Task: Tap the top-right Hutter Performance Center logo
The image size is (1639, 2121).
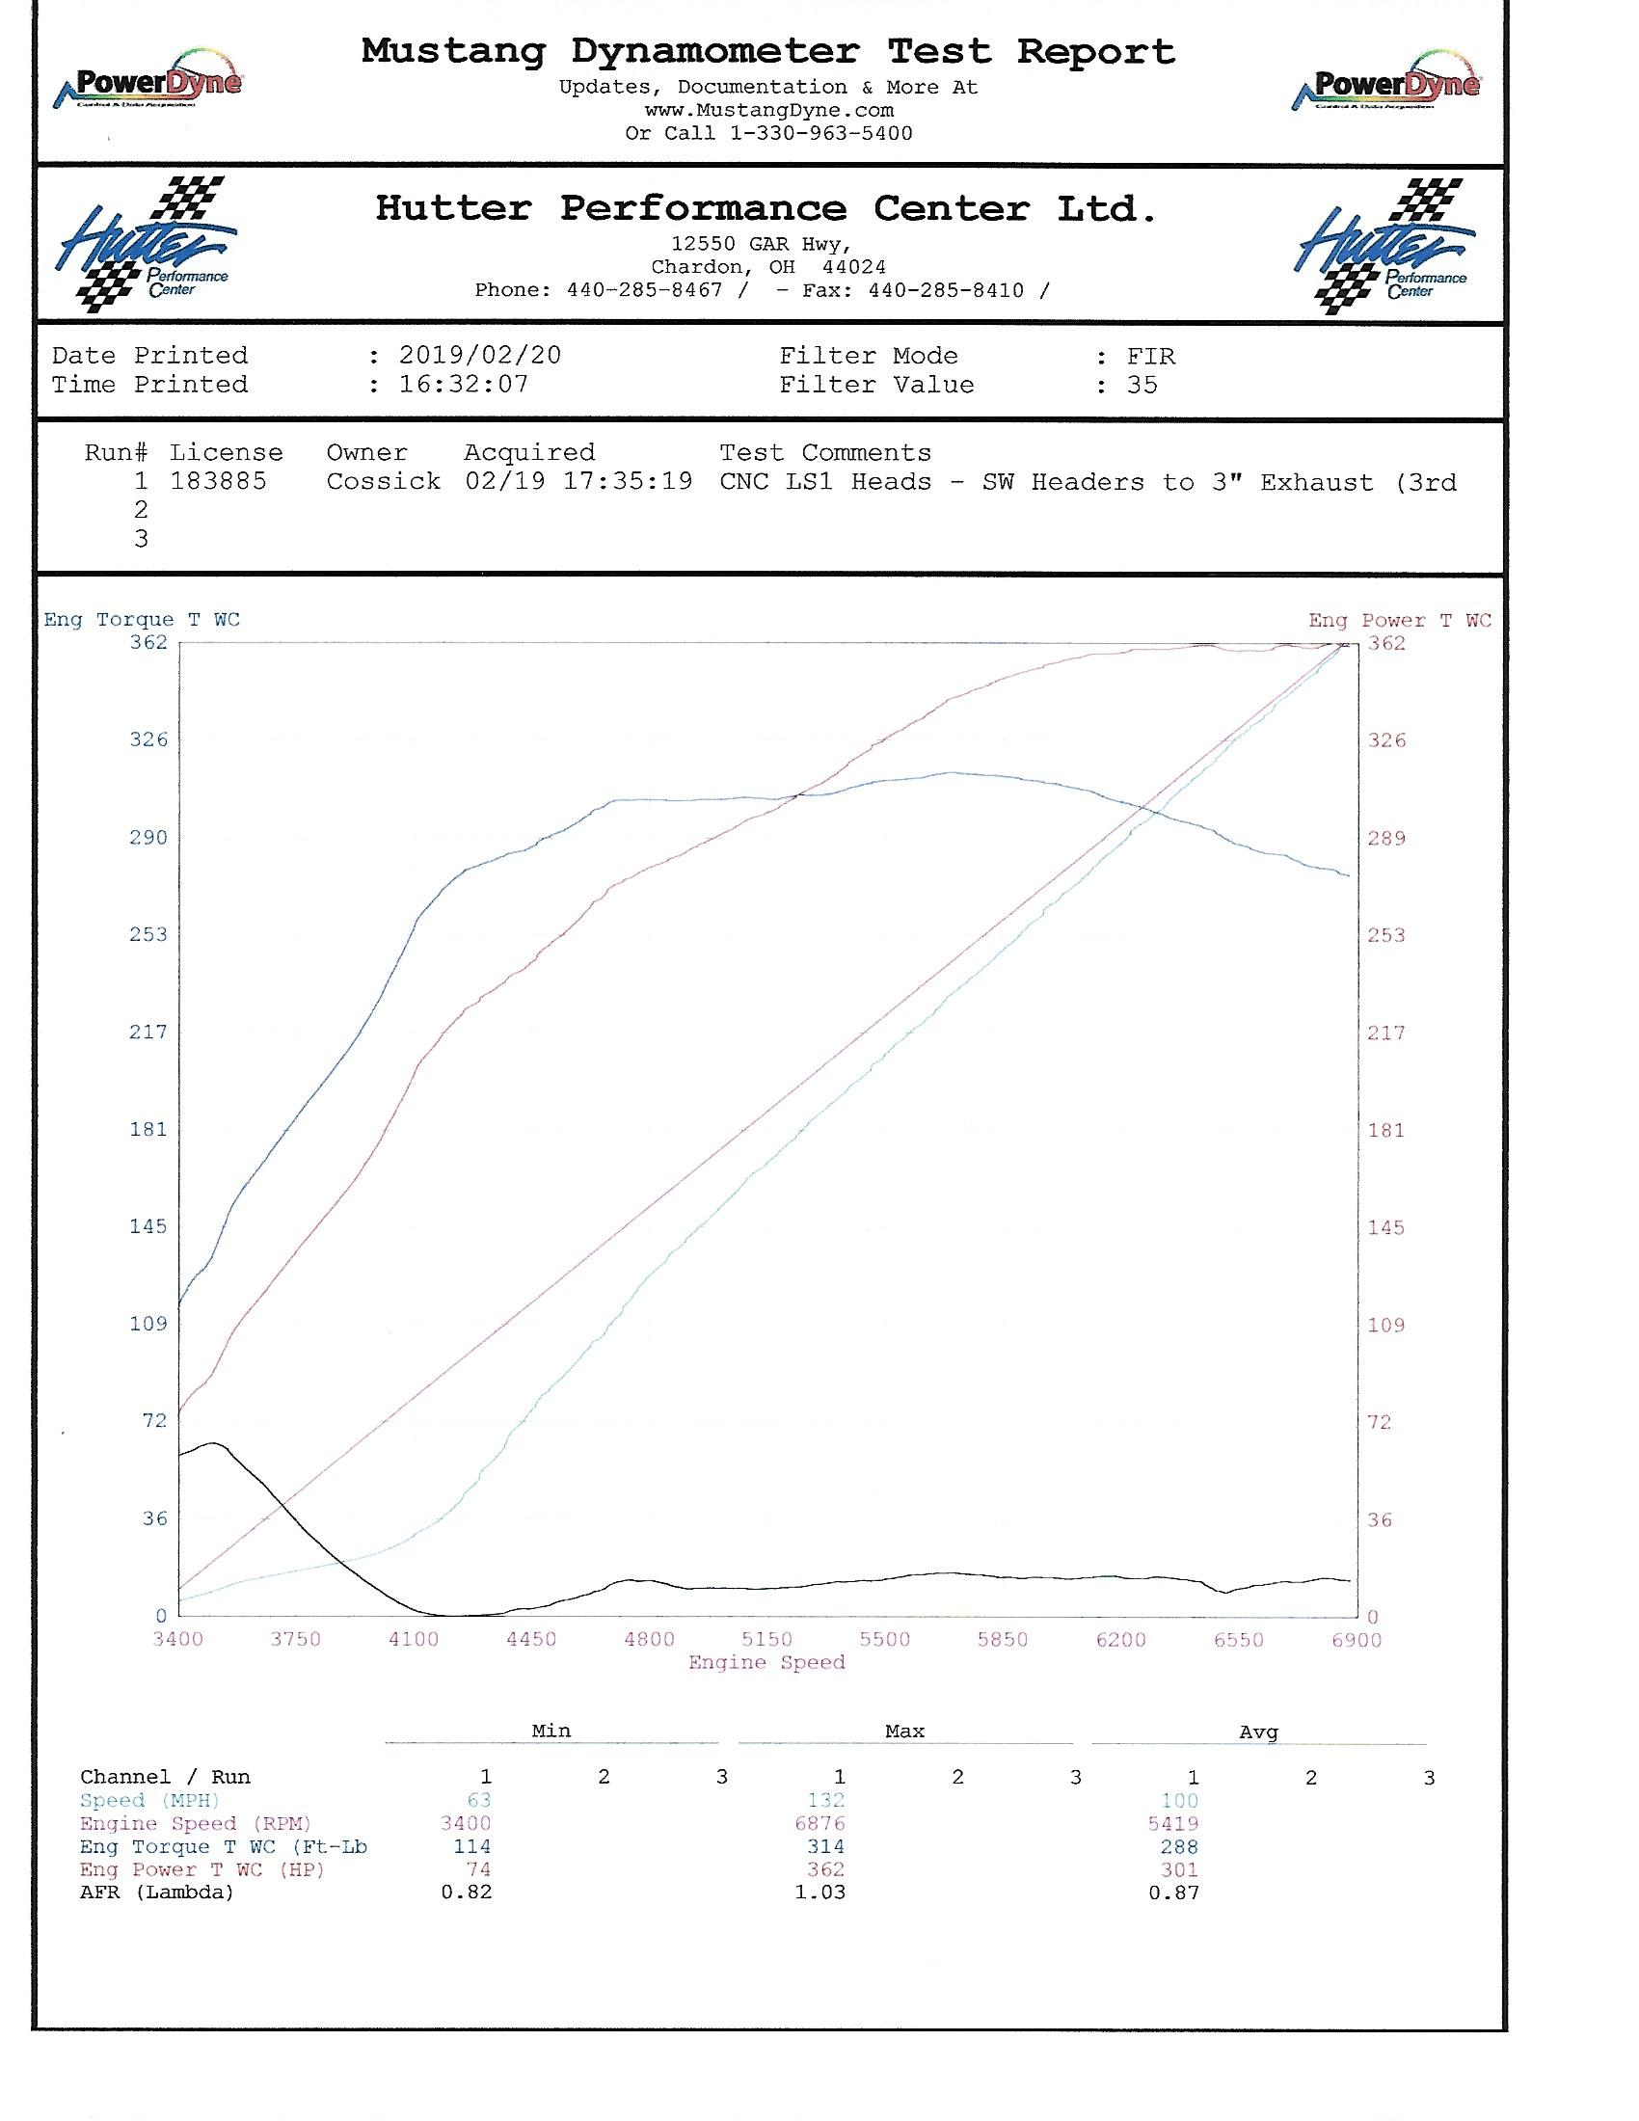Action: [x=1385, y=245]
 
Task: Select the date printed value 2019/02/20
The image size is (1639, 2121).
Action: [x=480, y=356]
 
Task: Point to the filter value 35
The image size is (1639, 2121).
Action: [x=1142, y=385]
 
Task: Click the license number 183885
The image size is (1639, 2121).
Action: [x=218, y=482]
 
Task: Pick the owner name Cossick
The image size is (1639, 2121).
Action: [x=383, y=482]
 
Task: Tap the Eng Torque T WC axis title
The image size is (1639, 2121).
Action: [x=142, y=620]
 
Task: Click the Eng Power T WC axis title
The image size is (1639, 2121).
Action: [x=1399, y=621]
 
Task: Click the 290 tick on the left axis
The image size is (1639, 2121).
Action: [x=148, y=837]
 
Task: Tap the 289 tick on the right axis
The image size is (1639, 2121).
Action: [x=1386, y=838]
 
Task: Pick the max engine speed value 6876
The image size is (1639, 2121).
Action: [x=819, y=1824]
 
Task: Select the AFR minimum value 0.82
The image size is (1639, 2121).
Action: [x=466, y=1892]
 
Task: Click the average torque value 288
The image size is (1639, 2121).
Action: [x=1179, y=1847]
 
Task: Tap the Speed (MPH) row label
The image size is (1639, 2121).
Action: [x=151, y=1801]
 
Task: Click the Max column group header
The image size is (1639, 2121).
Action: [x=904, y=1731]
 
